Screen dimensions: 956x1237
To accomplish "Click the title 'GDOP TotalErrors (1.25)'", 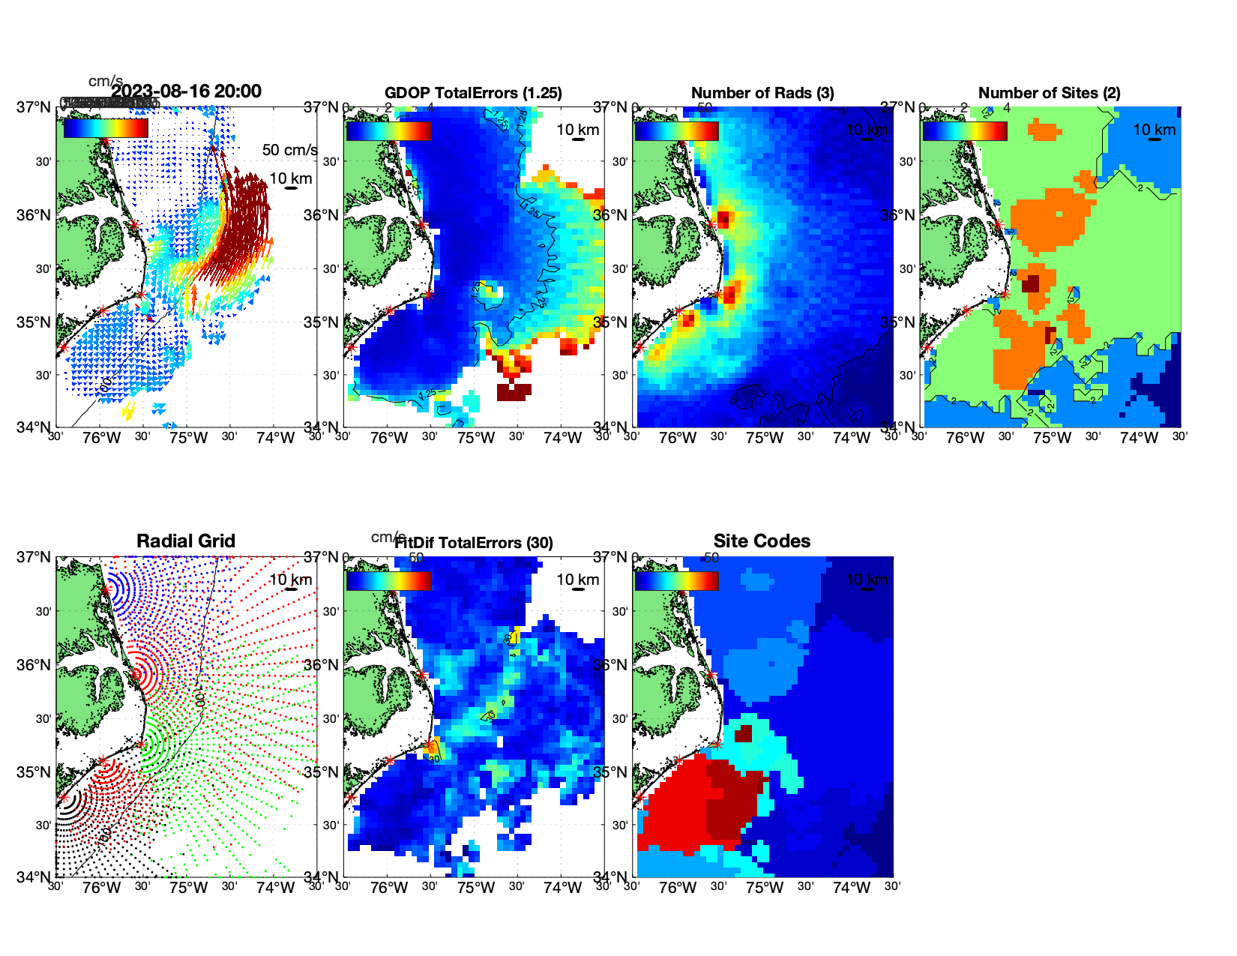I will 473,93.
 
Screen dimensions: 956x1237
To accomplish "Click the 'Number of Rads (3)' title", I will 762,93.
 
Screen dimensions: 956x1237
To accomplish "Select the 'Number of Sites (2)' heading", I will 1049,93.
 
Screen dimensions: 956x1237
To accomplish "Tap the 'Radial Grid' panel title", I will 186,541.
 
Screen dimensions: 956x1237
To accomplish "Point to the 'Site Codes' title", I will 762,541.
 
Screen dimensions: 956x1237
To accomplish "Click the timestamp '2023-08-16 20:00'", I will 187,91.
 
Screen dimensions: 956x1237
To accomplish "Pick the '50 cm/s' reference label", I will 289,150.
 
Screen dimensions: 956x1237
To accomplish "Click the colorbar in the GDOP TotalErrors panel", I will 388,130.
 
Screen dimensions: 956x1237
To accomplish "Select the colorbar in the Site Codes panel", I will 676,580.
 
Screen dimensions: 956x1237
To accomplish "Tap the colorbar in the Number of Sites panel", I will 964,130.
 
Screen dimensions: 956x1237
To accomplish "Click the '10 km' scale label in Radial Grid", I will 290,580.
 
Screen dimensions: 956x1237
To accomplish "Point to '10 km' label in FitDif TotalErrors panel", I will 577,580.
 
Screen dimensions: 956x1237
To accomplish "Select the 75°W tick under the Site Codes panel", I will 764,889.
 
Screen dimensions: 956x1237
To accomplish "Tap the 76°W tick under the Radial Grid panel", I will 102,889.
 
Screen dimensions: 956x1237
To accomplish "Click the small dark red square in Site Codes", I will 743,733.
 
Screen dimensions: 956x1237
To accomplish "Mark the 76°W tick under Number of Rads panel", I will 677,439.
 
